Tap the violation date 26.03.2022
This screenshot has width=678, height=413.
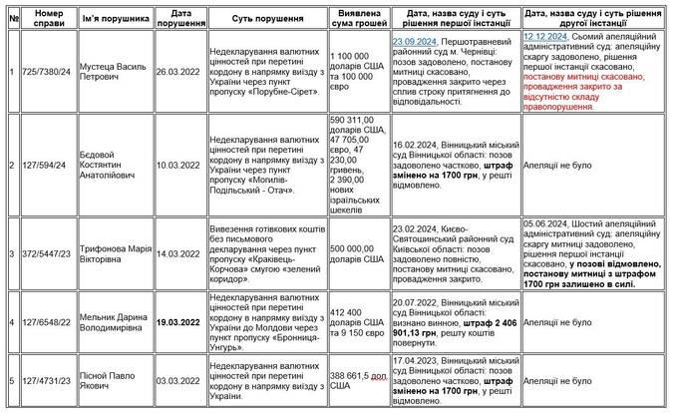[x=181, y=72]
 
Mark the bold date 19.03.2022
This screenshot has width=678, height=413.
[x=181, y=322]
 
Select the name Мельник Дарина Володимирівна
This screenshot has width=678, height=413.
[x=111, y=322]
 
